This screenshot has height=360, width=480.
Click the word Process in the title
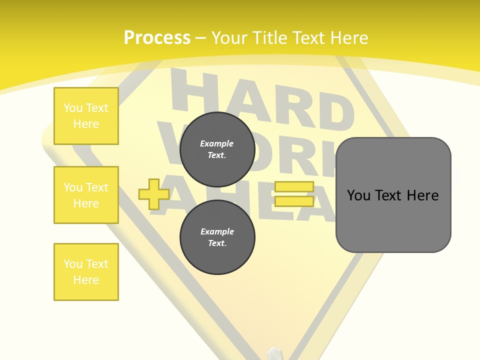pos(157,38)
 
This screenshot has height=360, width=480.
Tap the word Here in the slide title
pos(348,38)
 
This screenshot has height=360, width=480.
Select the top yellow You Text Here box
pos(86,116)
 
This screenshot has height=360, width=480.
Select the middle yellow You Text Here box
pos(86,195)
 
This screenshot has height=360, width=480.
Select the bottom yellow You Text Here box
pos(86,272)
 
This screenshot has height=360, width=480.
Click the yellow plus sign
pos(153,194)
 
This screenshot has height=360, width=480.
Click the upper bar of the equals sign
pos(294,186)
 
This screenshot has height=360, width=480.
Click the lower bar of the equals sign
pos(294,201)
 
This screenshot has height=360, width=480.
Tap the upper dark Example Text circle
pos(217,149)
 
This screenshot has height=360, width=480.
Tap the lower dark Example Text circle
pos(217,237)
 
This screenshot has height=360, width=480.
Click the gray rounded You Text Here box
pos(393,195)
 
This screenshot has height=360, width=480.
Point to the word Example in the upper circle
pos(217,143)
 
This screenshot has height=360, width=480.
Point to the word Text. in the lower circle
pos(217,243)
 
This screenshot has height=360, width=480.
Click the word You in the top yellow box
pos(73,108)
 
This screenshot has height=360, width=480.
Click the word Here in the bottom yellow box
pos(86,280)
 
